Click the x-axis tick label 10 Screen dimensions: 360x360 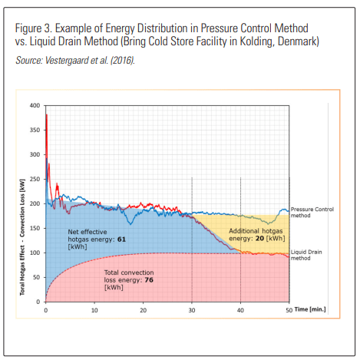94,309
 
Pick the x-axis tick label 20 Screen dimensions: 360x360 143,309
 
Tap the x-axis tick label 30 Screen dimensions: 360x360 192,309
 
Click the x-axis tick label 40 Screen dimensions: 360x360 240,309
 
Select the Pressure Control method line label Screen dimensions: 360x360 313,213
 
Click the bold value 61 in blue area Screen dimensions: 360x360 121,239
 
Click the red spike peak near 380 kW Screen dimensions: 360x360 47,115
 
